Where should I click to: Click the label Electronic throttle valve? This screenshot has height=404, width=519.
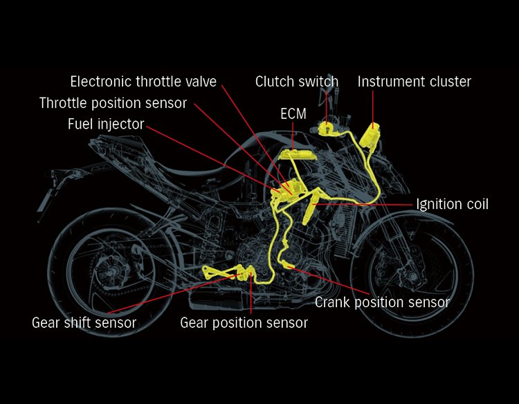tap(143, 82)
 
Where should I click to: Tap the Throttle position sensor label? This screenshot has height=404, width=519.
tap(113, 103)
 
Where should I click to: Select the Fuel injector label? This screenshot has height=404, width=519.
tap(106, 125)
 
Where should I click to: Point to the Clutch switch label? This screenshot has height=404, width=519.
tap(296, 82)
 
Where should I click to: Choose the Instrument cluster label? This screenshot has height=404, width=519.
tap(414, 82)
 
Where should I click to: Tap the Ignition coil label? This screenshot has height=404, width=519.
tap(452, 204)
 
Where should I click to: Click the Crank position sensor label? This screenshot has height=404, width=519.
tap(382, 302)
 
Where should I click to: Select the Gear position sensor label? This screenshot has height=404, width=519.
tap(244, 322)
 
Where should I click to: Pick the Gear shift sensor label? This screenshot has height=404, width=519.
tap(84, 322)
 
